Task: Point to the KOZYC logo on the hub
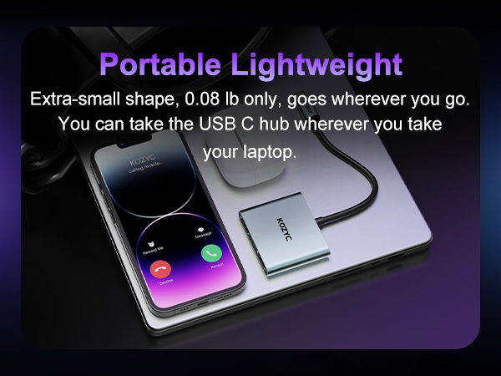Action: (281, 229)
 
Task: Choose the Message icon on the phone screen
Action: (200, 229)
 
